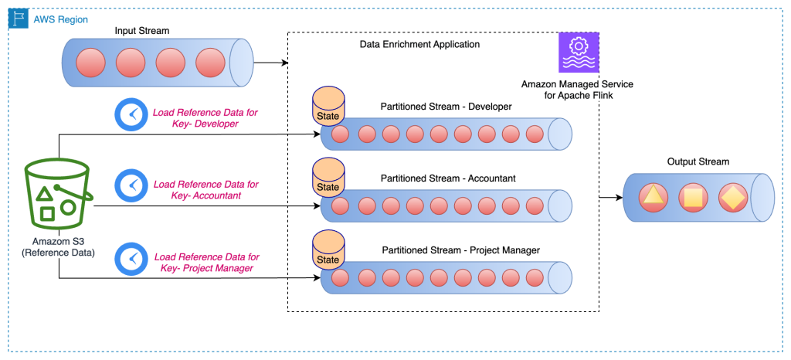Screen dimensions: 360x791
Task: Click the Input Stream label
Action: (x=141, y=31)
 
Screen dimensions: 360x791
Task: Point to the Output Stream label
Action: (x=698, y=161)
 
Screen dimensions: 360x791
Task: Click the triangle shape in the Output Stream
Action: (x=654, y=199)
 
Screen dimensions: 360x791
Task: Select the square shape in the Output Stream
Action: (x=692, y=199)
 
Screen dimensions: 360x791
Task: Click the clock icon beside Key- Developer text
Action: (x=130, y=115)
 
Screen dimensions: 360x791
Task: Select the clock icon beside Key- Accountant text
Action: (x=130, y=187)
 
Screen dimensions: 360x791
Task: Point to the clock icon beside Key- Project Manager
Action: (x=130, y=259)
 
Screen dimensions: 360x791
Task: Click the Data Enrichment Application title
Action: (x=419, y=45)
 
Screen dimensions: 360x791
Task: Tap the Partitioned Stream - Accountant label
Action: (x=448, y=178)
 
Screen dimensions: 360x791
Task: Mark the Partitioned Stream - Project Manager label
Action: (x=460, y=250)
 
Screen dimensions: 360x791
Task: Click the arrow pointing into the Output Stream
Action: (x=611, y=198)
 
